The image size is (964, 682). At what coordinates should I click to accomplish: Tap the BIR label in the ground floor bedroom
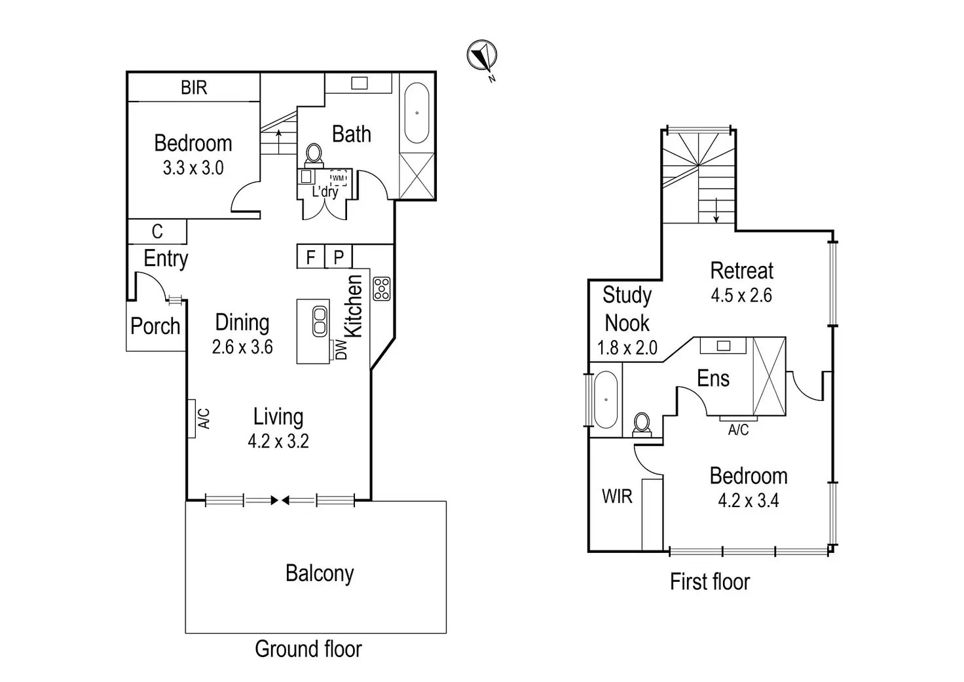(194, 88)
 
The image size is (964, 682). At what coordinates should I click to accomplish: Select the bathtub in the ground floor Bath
(417, 113)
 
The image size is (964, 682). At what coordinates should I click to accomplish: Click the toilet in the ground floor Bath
(314, 155)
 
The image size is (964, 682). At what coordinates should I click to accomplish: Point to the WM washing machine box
(338, 178)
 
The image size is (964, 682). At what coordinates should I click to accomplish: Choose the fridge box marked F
(310, 257)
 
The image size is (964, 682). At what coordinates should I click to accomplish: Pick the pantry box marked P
(339, 257)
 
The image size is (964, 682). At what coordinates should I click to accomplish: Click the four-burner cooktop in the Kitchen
(382, 289)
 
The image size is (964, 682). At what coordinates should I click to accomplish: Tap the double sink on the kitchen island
(320, 321)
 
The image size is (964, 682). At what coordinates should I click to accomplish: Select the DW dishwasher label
(341, 349)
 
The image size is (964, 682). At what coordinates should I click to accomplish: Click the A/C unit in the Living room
(192, 418)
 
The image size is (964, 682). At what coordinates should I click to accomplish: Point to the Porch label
(155, 326)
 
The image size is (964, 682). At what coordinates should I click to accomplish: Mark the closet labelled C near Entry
(157, 232)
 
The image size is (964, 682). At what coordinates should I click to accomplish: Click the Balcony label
(320, 574)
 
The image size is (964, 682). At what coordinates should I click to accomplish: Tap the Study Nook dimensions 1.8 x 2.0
(627, 348)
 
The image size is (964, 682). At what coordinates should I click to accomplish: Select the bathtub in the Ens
(606, 400)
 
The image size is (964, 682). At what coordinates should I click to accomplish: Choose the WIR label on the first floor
(617, 497)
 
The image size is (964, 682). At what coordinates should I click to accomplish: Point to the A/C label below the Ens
(738, 430)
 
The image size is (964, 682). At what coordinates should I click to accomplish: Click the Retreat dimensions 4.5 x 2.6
(741, 295)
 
